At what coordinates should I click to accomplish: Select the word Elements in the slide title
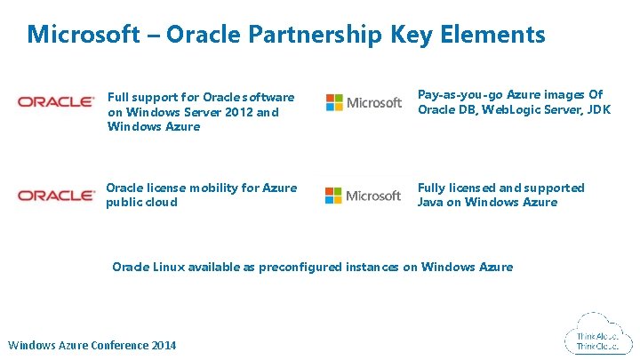[x=494, y=35]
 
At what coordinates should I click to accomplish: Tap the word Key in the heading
[x=414, y=35]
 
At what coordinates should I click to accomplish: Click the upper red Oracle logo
[x=55, y=102]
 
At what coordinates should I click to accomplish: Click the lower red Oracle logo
[x=55, y=196]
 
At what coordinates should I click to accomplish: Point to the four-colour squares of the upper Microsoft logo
[x=333, y=102]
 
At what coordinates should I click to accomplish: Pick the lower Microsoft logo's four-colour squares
[x=333, y=195]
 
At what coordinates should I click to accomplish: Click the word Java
[x=432, y=202]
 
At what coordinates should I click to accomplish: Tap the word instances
[x=374, y=267]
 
